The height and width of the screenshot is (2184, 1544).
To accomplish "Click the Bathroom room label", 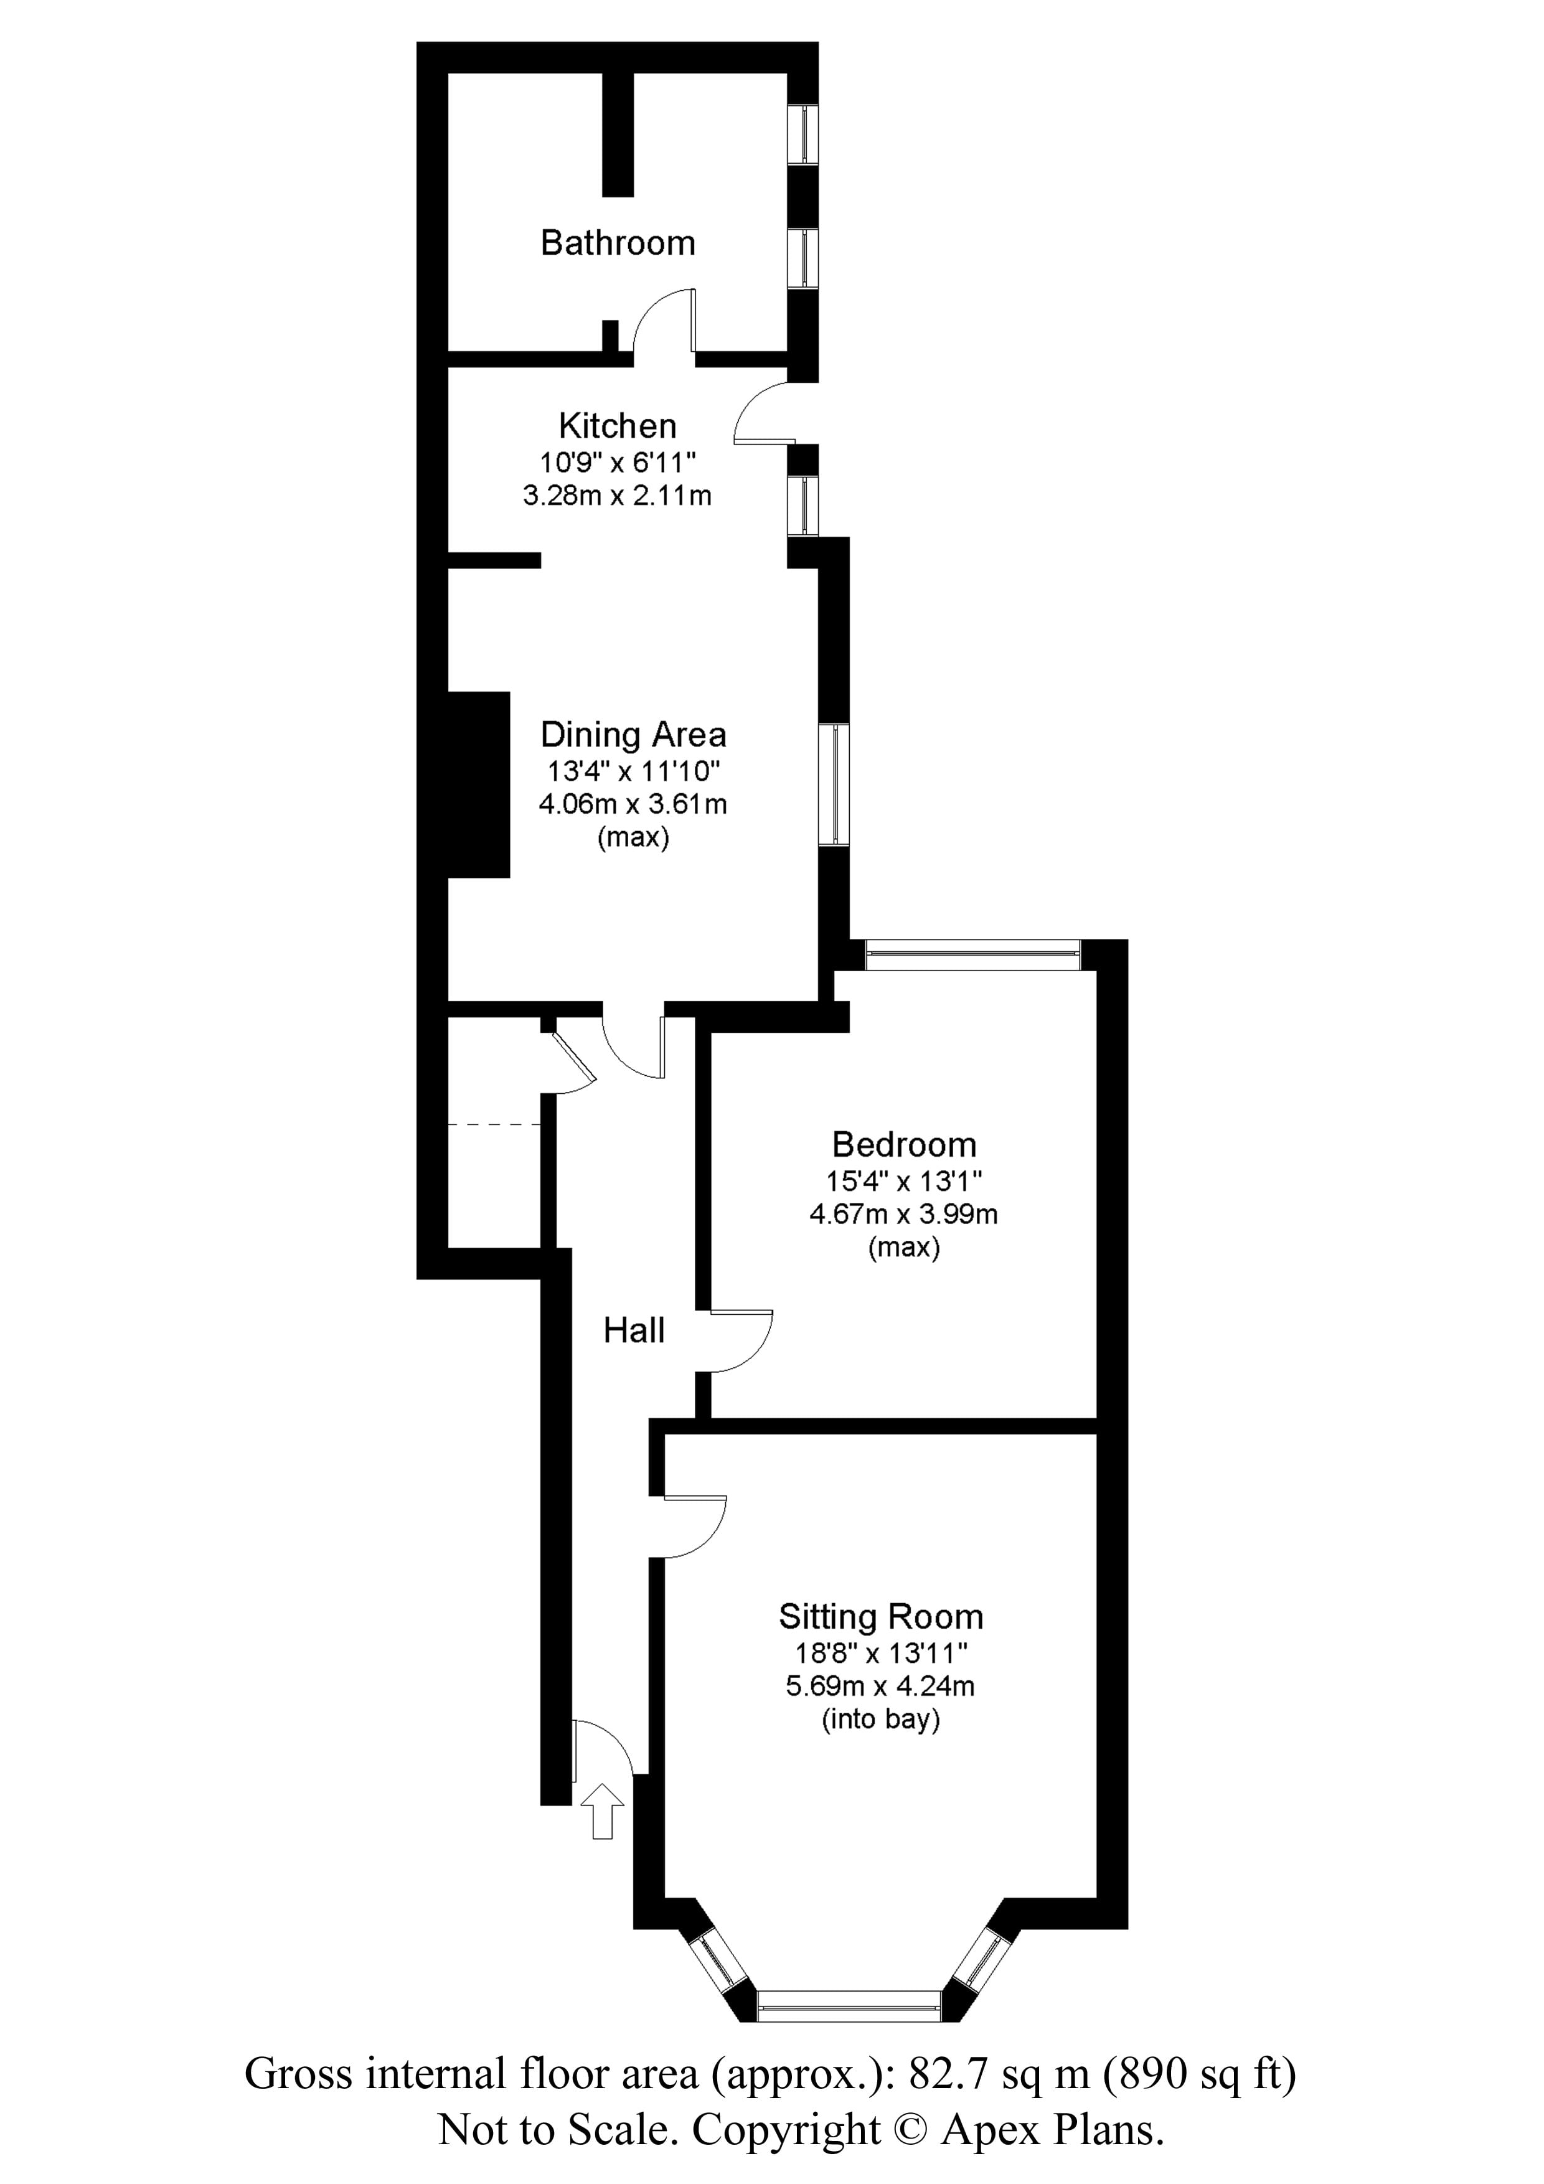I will (618, 243).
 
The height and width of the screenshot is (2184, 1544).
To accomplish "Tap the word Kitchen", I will (618, 425).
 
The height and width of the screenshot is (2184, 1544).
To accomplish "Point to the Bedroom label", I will (904, 1144).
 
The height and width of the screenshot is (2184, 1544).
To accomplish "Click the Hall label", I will (634, 1330).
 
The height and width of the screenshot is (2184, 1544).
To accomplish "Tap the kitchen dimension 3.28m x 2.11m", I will (618, 496).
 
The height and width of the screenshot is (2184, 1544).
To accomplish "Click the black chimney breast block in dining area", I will (479, 784).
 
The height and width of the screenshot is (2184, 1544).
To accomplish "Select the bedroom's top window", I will (972, 955).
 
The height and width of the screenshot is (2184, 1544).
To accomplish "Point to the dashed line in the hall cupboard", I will (494, 1124).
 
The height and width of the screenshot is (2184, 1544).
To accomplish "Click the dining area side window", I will (834, 784).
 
